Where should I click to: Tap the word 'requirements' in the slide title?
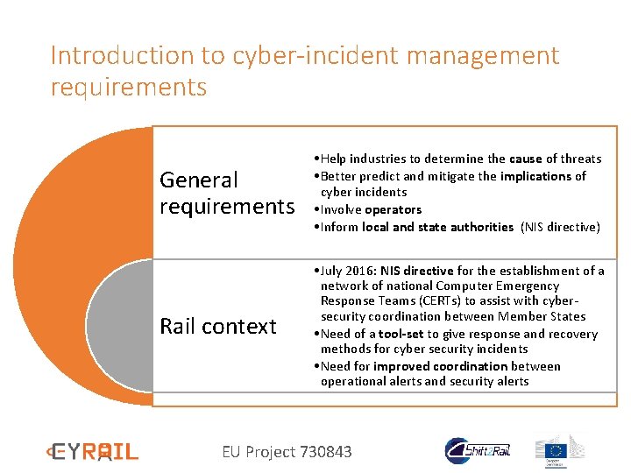129,88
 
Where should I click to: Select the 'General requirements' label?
226,193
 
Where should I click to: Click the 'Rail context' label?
217,327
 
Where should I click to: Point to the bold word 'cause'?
526,159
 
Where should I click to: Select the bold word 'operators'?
393,209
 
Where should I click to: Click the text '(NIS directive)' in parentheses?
561,227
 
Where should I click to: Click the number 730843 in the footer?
325,452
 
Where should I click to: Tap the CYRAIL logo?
93,452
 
